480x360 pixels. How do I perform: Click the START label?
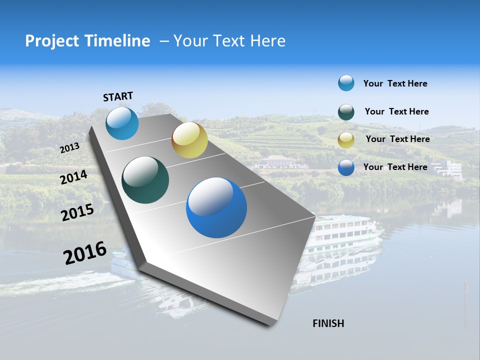(x=118, y=96)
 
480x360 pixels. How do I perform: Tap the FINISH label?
(x=328, y=323)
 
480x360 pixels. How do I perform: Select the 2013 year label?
(x=69, y=148)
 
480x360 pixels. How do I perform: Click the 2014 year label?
(x=73, y=177)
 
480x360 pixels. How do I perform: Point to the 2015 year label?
(x=77, y=212)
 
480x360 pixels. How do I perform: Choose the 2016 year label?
(x=85, y=253)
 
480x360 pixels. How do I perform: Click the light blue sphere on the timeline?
(x=122, y=123)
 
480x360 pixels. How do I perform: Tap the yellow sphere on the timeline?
(x=189, y=140)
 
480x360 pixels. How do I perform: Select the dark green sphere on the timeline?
(x=145, y=180)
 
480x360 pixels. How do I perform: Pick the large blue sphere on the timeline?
(x=216, y=207)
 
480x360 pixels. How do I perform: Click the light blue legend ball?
(x=346, y=83)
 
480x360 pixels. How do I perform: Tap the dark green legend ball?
(x=346, y=112)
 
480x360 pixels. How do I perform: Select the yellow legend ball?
(x=346, y=140)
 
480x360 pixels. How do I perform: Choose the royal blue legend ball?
(x=346, y=167)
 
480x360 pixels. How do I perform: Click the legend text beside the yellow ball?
(x=397, y=139)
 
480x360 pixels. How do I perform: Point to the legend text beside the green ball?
(x=396, y=111)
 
